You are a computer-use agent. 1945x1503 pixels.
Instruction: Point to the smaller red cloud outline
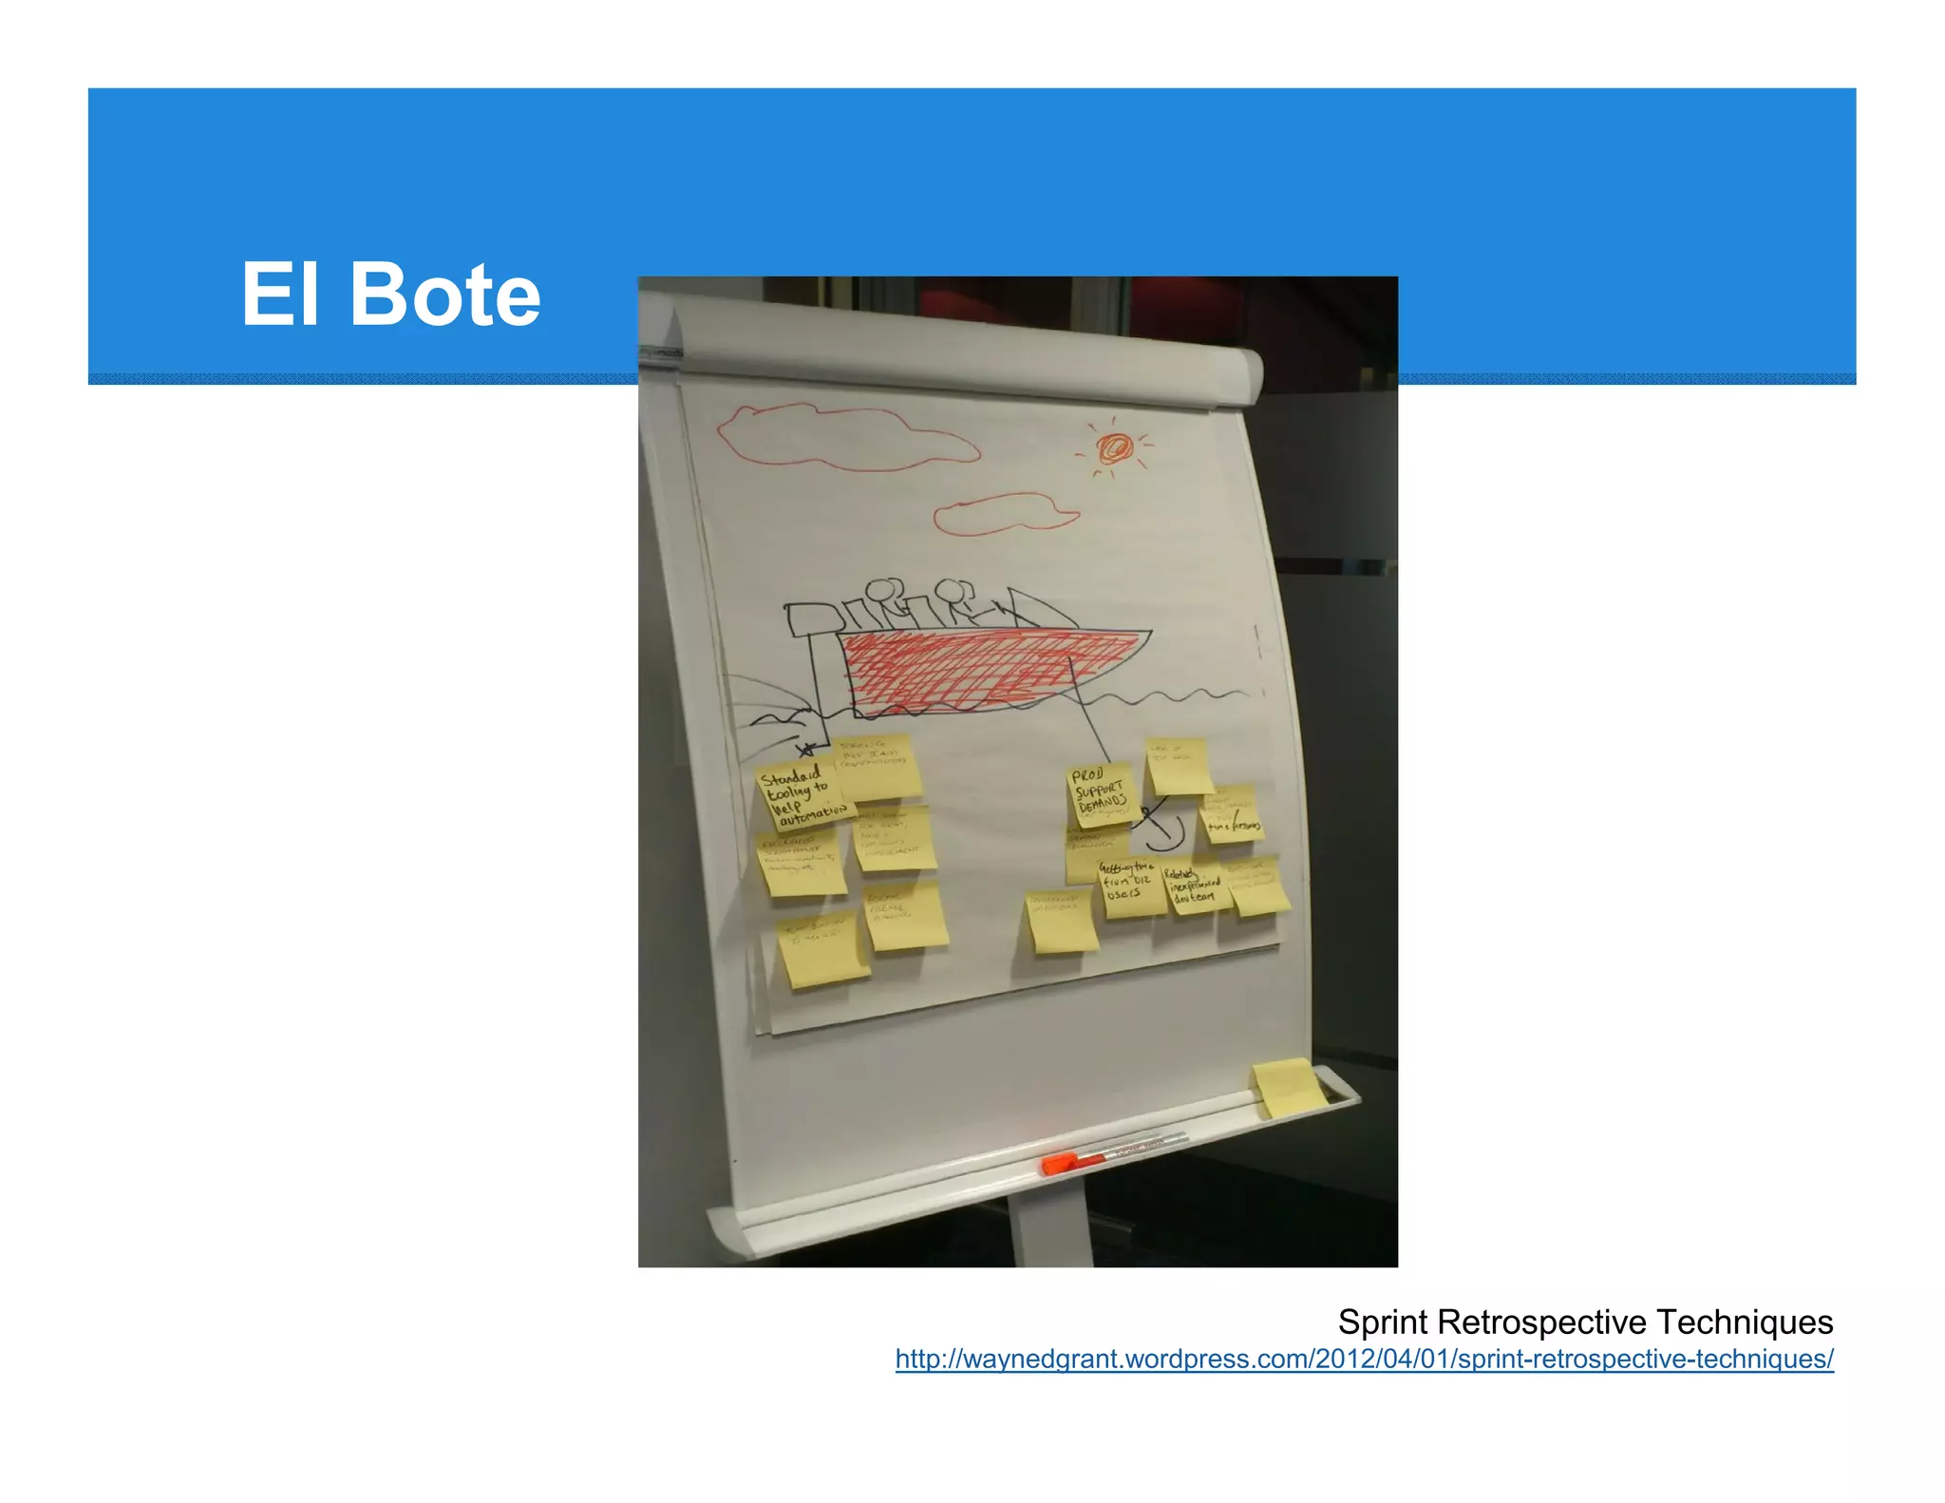point(1005,515)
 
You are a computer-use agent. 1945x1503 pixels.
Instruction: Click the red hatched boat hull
point(988,670)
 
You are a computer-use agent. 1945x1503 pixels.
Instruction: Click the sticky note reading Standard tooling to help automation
point(802,796)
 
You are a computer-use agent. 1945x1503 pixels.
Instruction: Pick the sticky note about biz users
point(1130,887)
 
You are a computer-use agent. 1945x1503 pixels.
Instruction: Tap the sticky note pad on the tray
point(1288,1088)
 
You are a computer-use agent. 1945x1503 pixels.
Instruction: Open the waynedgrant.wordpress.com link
point(1364,1359)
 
